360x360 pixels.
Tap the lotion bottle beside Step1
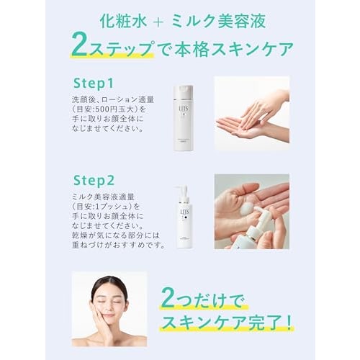click(183, 116)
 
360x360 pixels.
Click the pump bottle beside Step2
click(184, 217)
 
